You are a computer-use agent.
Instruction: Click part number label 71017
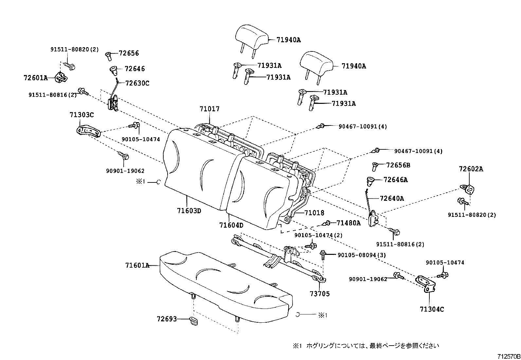click(209, 109)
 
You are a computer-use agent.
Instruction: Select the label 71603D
click(189, 211)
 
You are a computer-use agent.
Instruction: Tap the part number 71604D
click(231, 225)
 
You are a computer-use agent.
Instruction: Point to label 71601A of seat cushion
click(137, 265)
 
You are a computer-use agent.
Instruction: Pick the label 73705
click(320, 294)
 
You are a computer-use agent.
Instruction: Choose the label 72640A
click(392, 198)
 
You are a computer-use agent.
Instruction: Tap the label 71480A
click(348, 223)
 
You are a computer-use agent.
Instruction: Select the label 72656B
click(398, 165)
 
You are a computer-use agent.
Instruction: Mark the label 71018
click(314, 213)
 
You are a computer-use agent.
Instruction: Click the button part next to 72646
click(114, 70)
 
